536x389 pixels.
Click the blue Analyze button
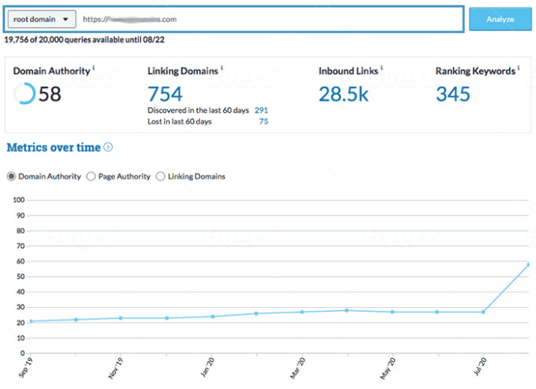pyautogui.click(x=500, y=19)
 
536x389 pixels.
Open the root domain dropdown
pyautogui.click(x=44, y=19)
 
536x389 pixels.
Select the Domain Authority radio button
pyautogui.click(x=11, y=176)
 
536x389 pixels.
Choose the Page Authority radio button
pyautogui.click(x=91, y=176)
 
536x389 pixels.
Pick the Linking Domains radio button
pyautogui.click(x=161, y=176)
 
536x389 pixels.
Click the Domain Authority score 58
pyautogui.click(x=50, y=94)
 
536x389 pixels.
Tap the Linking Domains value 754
pyautogui.click(x=165, y=94)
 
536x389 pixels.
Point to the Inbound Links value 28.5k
pyautogui.click(x=344, y=94)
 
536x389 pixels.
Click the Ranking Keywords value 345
pyautogui.click(x=452, y=94)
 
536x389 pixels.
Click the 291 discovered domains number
pyautogui.click(x=261, y=110)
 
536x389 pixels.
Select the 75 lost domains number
pyautogui.click(x=263, y=121)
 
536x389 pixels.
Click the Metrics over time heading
pyautogui.click(x=54, y=147)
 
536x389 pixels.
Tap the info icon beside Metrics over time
pyautogui.click(x=108, y=147)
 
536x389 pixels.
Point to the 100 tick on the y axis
pyautogui.click(x=17, y=200)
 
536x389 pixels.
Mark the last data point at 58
pyautogui.click(x=528, y=265)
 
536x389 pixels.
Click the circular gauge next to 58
pyautogui.click(x=24, y=94)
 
